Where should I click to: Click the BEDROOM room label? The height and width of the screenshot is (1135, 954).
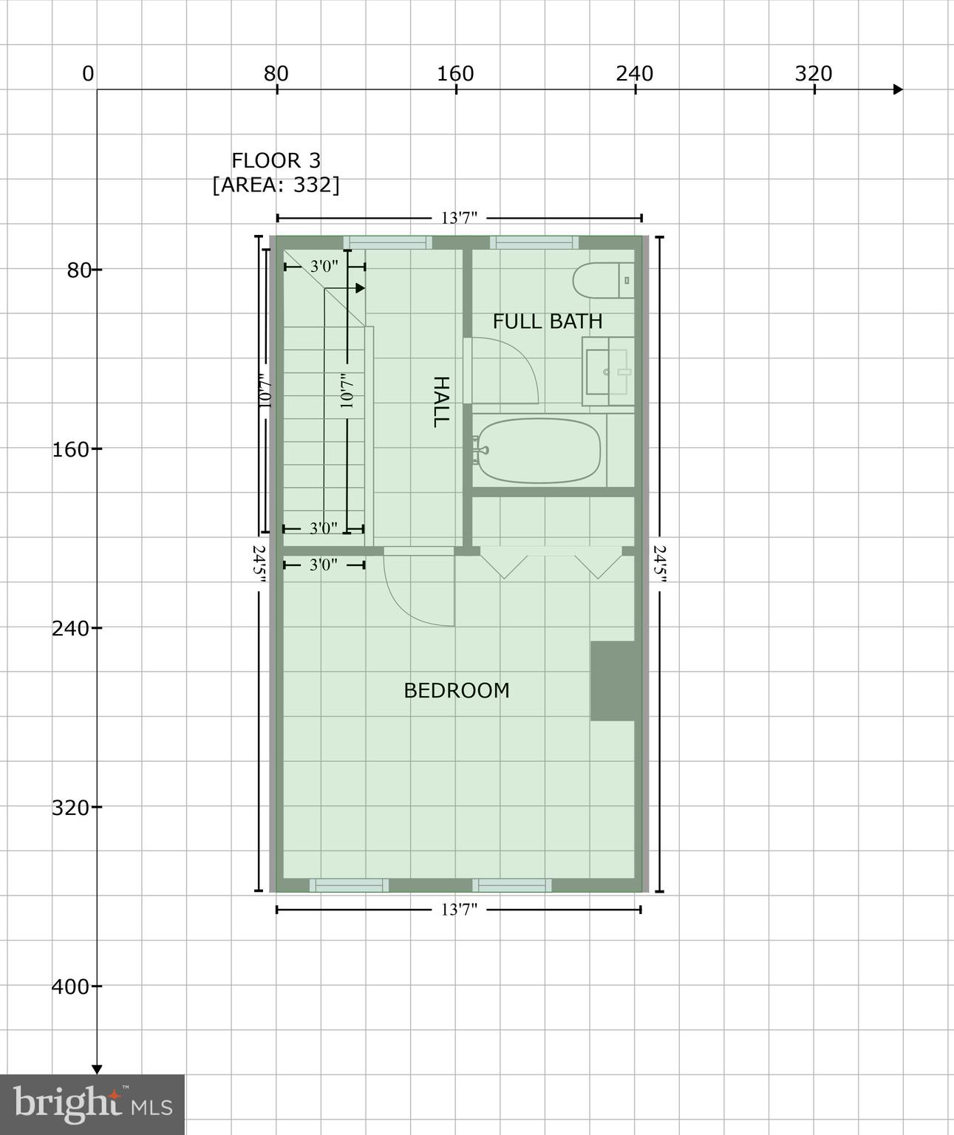point(456,690)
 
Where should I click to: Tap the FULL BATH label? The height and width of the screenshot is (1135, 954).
point(547,321)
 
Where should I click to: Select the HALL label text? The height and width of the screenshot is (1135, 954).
point(440,401)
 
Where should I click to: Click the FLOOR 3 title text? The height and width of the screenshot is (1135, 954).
point(276,160)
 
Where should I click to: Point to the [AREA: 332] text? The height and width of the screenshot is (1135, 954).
point(276,185)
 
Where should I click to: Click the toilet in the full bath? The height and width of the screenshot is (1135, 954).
point(603,280)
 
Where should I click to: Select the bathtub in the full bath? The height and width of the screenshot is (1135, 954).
point(539,451)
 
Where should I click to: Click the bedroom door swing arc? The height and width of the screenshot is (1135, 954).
point(418,591)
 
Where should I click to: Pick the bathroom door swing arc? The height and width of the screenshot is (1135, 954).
point(510,369)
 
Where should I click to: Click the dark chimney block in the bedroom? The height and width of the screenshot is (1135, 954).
point(613,681)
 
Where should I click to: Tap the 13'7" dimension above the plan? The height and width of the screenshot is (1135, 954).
point(459,218)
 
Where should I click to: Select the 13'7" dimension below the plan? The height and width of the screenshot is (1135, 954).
point(459,910)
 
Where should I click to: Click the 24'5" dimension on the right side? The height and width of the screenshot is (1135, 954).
point(659,565)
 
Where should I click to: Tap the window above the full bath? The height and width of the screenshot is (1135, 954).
point(534,242)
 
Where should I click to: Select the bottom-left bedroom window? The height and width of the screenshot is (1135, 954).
point(349,885)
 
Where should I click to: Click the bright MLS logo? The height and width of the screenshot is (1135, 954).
point(92,1104)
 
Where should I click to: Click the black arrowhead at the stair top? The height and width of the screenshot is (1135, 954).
point(360,288)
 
